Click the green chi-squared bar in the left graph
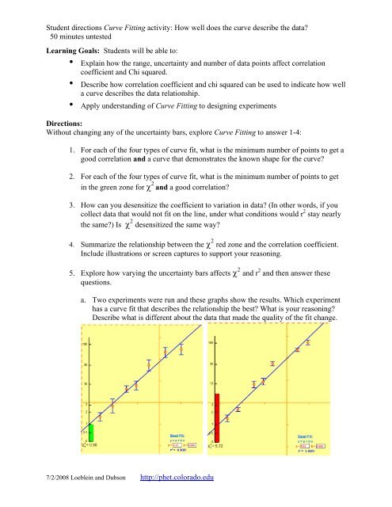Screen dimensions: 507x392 91,433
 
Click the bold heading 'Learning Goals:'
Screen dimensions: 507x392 44,49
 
